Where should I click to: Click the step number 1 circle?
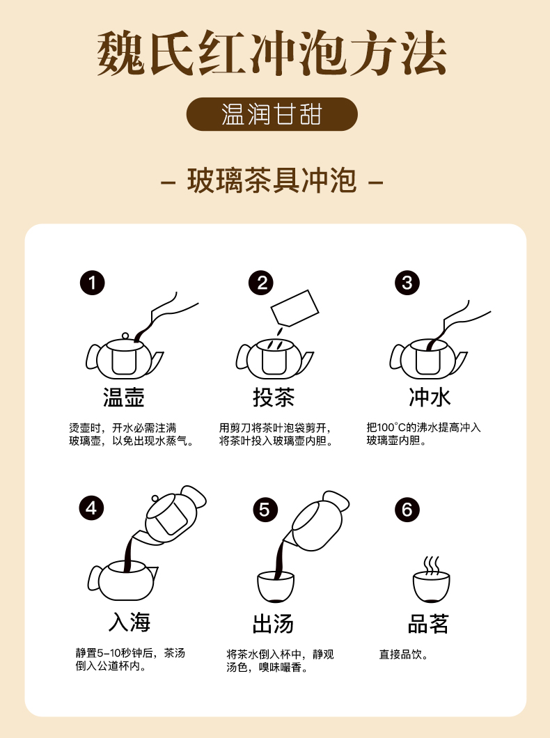(92, 283)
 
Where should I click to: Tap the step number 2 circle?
(262, 283)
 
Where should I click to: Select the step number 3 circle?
(407, 283)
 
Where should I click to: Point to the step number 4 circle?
(91, 508)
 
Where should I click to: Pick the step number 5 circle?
(265, 510)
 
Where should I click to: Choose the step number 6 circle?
(407, 510)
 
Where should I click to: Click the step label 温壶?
(124, 397)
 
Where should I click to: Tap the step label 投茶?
(274, 397)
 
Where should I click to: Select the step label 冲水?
(430, 397)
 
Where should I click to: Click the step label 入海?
(129, 622)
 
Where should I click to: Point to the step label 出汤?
(273, 624)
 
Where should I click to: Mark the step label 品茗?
(428, 624)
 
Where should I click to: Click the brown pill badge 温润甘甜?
(272, 114)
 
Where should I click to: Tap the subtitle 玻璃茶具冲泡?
(272, 180)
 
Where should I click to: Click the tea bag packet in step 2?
(295, 308)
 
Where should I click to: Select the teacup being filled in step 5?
(276, 586)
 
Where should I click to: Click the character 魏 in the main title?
(121, 53)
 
